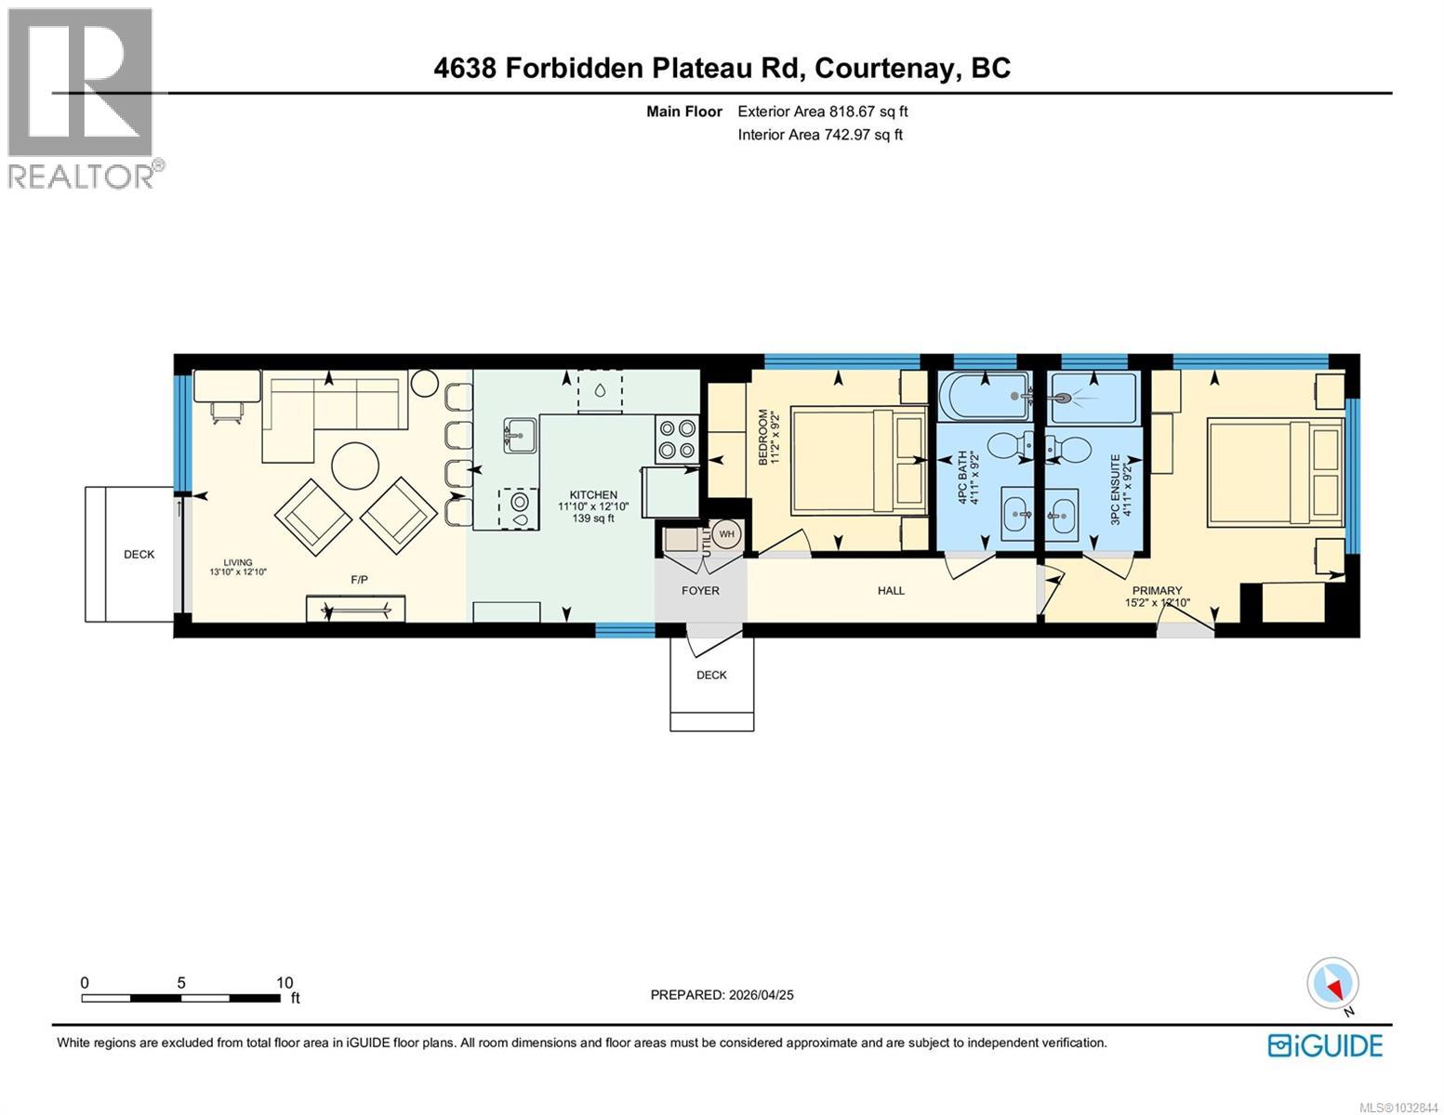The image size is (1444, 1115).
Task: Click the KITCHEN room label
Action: [592, 495]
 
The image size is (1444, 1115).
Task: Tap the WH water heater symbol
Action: [726, 534]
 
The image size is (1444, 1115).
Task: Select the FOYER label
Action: [700, 590]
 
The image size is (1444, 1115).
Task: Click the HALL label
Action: [891, 590]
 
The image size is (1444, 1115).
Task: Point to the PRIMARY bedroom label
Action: [1157, 590]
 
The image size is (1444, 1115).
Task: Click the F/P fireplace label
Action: [359, 580]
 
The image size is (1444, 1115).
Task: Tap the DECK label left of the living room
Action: [139, 555]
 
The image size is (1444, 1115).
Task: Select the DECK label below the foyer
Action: [711, 676]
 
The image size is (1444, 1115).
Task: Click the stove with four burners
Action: [677, 439]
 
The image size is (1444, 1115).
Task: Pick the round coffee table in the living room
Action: [356, 465]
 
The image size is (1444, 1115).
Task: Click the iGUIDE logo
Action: [1326, 1045]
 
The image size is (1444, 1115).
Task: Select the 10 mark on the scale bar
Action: [284, 982]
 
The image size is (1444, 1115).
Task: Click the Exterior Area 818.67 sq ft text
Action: [822, 111]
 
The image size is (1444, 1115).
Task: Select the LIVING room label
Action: [238, 562]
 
